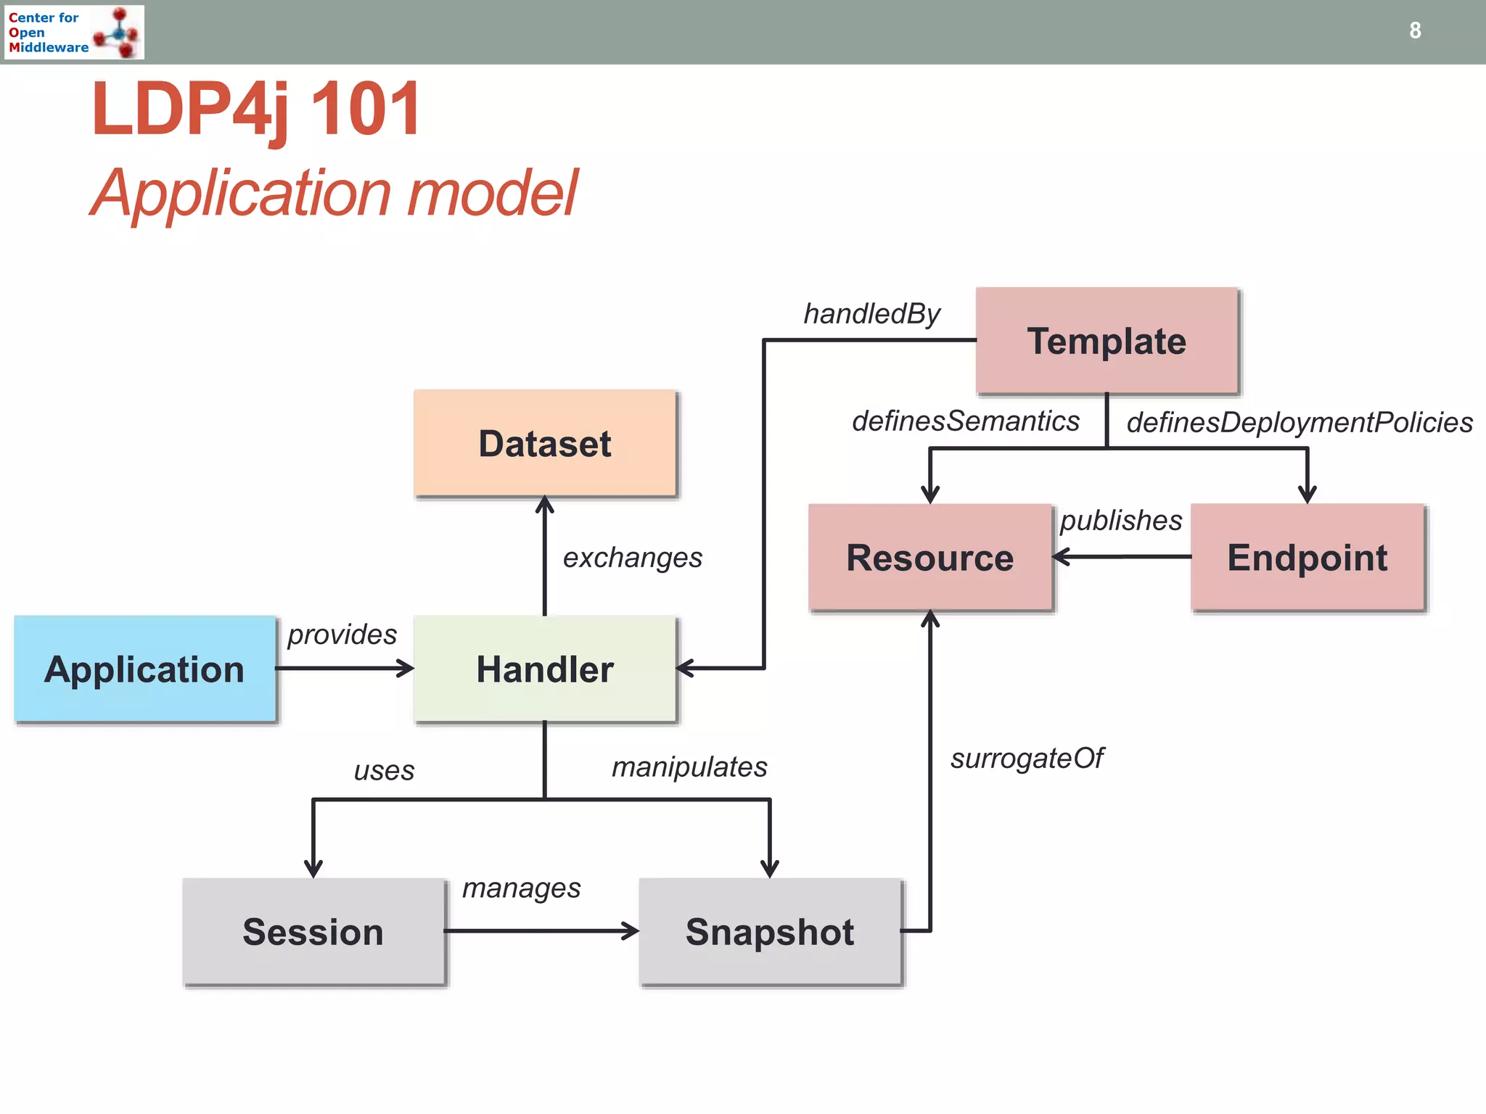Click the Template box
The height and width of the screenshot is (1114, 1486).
[1107, 340]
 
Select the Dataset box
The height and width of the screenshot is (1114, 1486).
[545, 443]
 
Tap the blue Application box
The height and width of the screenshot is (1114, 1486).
[144, 669]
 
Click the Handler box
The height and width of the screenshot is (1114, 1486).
[545, 669]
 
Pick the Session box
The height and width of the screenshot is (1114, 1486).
[313, 931]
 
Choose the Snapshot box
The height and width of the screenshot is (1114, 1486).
[770, 931]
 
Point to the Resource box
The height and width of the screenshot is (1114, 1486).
[930, 557]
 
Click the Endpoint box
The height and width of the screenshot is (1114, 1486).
[1308, 557]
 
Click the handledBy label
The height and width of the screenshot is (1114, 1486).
[871, 314]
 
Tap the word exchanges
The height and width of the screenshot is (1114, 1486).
[633, 558]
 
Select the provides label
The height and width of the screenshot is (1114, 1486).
[342, 635]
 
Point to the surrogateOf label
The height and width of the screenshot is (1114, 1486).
[1027, 759]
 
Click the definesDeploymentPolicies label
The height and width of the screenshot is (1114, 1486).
[1299, 422]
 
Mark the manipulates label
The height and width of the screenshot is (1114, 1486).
[689, 767]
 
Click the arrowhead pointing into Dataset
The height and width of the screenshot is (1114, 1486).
[545, 505]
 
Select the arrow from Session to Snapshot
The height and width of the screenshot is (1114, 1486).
[541, 931]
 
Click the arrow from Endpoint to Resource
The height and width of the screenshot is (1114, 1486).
[1121, 557]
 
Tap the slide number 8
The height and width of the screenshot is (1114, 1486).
[1415, 30]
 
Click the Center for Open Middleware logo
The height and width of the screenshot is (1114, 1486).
[74, 32]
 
